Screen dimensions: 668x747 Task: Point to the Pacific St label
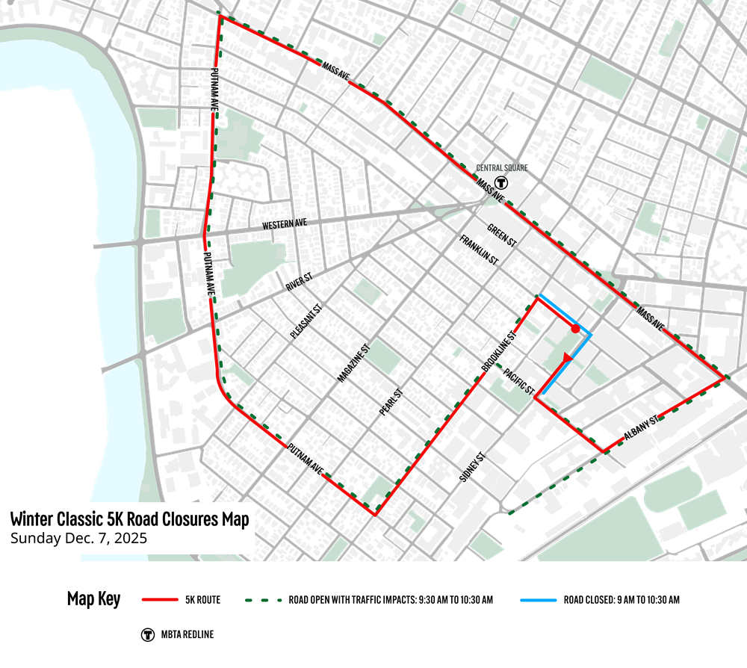click(518, 380)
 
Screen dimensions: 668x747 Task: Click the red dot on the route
click(574, 328)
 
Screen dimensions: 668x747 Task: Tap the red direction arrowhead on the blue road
click(566, 359)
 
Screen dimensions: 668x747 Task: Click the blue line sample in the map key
click(534, 600)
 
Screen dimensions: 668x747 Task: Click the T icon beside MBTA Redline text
click(148, 634)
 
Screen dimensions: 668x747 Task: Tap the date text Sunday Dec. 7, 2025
click(78, 538)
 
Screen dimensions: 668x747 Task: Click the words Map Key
click(93, 599)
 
